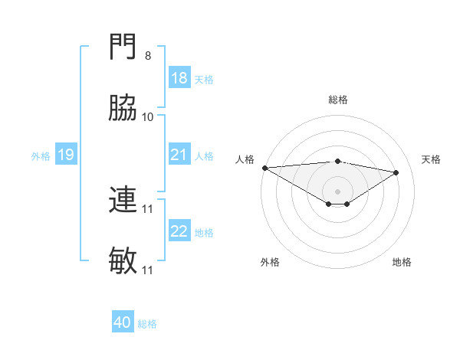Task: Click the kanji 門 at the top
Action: click(x=123, y=51)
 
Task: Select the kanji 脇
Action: click(x=123, y=110)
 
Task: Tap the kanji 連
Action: click(x=123, y=202)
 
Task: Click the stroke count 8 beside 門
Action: click(x=147, y=57)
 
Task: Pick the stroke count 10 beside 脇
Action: click(x=147, y=116)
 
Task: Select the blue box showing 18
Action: click(x=179, y=78)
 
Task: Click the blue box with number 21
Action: click(x=179, y=155)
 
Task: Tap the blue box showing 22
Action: click(x=179, y=231)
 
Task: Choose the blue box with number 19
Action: click(x=65, y=155)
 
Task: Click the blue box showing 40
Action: click(x=123, y=323)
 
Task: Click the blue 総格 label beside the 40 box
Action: click(x=147, y=324)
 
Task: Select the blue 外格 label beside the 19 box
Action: click(x=41, y=156)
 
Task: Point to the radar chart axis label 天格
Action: click(x=432, y=159)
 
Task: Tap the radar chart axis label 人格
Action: click(x=244, y=159)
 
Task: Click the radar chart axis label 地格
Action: click(x=402, y=262)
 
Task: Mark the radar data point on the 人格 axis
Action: click(x=264, y=168)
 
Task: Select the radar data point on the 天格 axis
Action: click(x=396, y=172)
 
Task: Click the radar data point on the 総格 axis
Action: click(x=337, y=161)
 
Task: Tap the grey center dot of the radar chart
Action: click(x=337, y=191)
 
